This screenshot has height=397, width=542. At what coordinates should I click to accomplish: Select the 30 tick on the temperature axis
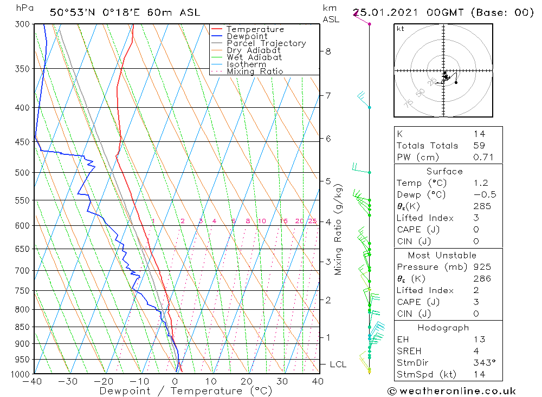click(282, 381)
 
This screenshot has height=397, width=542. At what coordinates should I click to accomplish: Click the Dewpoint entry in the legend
click(247, 36)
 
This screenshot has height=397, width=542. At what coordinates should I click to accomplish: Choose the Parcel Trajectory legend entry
click(266, 43)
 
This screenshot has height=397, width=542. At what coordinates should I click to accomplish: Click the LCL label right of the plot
click(338, 365)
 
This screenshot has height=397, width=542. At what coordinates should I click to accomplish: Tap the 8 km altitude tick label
click(328, 51)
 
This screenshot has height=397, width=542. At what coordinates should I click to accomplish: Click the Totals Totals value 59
click(479, 146)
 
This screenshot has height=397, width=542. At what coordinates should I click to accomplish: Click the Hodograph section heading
click(444, 328)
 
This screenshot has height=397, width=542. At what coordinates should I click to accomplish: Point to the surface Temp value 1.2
click(479, 183)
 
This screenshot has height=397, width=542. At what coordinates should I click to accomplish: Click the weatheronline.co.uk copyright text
click(451, 391)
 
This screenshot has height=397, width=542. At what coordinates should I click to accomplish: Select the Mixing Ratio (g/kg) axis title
click(339, 230)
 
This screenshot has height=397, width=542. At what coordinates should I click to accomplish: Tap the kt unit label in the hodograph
click(400, 29)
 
